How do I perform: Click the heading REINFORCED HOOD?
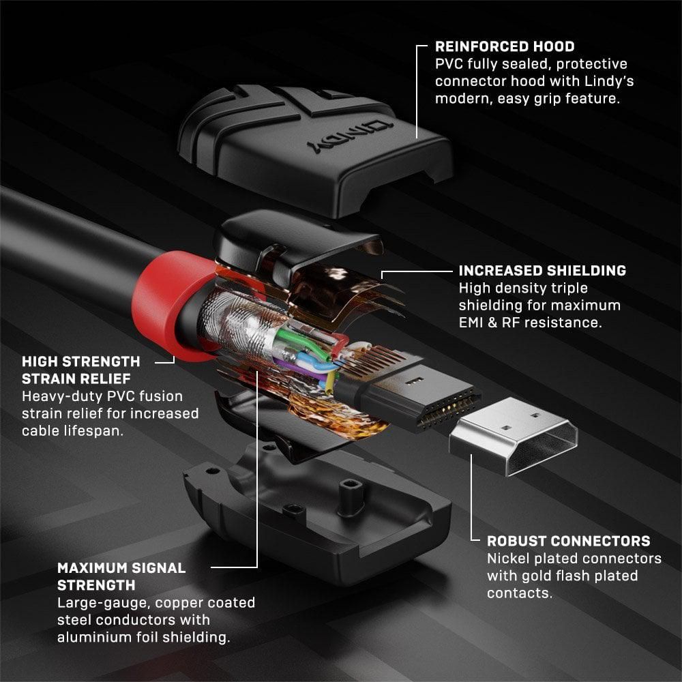coord(505,47)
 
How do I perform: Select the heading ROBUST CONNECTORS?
coord(568,541)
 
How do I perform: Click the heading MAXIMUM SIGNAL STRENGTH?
coord(121,576)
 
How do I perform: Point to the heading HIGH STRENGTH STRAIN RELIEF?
coord(81,369)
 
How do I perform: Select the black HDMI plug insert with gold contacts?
coord(423,396)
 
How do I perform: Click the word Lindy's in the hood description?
coord(611,81)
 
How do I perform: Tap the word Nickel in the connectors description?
coord(509,559)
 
